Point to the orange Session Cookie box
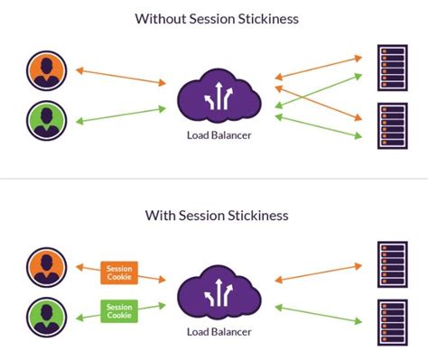point(118,271)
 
